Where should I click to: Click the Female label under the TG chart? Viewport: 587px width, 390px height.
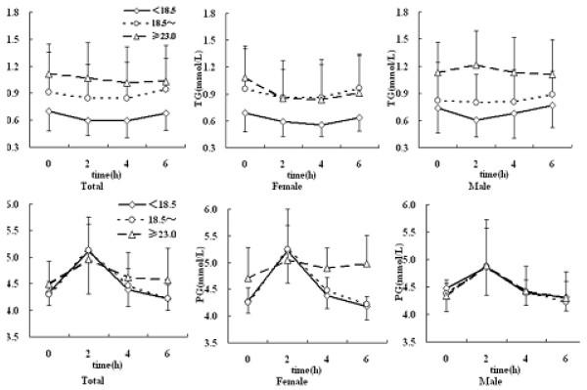296,182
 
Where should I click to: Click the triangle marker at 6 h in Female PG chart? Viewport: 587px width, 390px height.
366,264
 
